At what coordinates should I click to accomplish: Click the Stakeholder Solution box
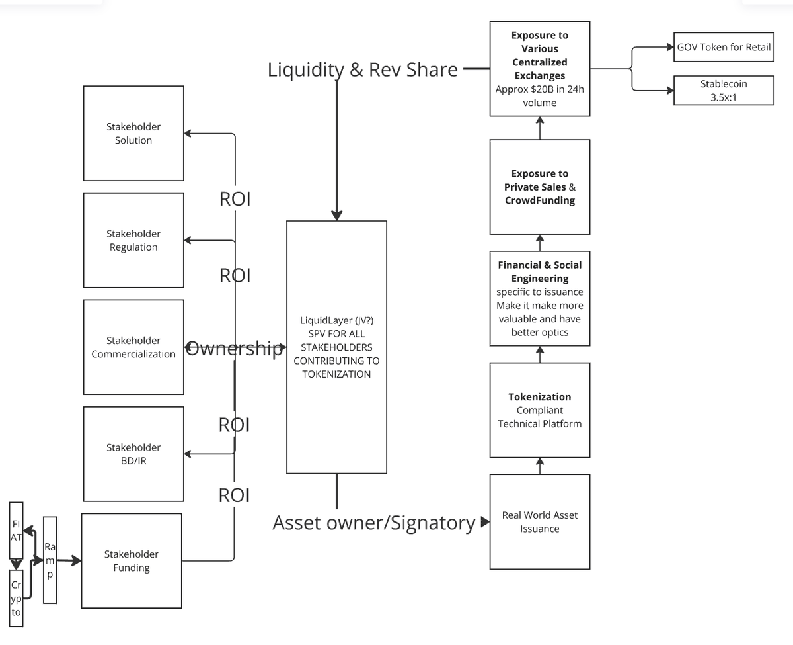[x=133, y=133]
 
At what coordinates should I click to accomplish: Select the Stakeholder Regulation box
[x=133, y=240]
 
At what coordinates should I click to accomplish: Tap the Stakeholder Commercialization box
[x=133, y=347]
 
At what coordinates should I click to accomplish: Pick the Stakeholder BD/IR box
[x=133, y=454]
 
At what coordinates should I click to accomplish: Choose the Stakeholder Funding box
[x=132, y=560]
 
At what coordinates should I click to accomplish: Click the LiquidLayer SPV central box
[x=336, y=347]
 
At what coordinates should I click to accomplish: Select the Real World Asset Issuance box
[x=540, y=521]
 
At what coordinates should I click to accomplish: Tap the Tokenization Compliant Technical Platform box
[x=540, y=410]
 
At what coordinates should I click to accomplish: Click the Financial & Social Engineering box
[x=540, y=298]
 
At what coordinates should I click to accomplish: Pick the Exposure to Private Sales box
[x=540, y=187]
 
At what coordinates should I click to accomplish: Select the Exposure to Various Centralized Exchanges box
[x=540, y=69]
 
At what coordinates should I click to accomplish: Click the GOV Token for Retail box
[x=724, y=47]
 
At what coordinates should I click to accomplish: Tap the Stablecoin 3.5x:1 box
[x=724, y=91]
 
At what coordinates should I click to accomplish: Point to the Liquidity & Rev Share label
[x=362, y=69]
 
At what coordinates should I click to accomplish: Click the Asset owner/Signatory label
[x=374, y=523]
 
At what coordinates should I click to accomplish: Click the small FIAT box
[x=17, y=531]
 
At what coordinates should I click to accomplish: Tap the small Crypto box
[x=17, y=598]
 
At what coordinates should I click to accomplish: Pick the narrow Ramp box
[x=50, y=560]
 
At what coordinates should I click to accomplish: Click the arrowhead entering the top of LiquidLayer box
[x=337, y=215]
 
